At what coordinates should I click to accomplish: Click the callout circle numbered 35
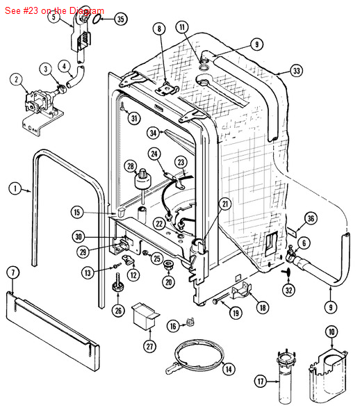pos(120,19)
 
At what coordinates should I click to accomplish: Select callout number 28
pos(130,166)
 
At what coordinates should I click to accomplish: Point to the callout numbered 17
pos(261,381)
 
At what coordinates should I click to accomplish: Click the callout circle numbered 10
pos(332,332)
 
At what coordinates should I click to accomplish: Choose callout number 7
pos(12,272)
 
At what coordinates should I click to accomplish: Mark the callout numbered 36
pos(311,219)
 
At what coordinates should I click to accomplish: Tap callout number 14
pos(228,370)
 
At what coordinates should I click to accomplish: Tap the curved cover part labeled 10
pos(327,375)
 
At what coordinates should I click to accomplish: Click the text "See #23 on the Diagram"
pos(54,10)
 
